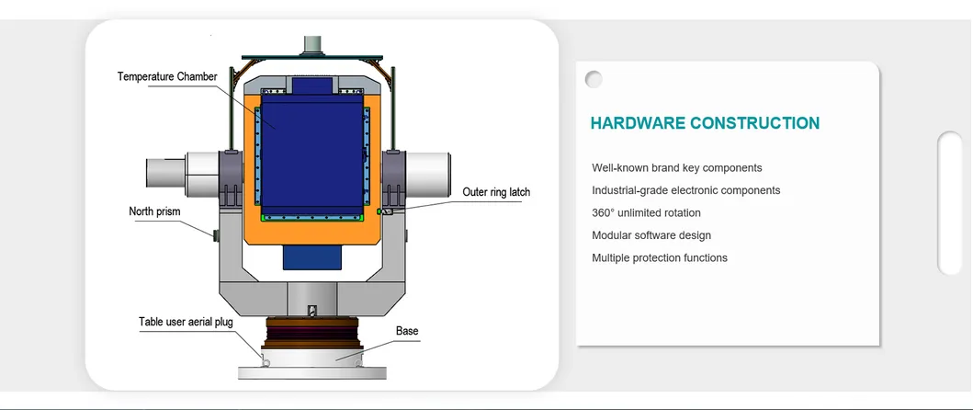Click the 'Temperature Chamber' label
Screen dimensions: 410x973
pyautogui.click(x=167, y=76)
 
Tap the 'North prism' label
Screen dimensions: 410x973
pyautogui.click(x=154, y=211)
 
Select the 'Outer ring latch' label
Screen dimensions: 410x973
pyautogui.click(x=496, y=192)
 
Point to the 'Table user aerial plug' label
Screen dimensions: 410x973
pyautogui.click(x=186, y=322)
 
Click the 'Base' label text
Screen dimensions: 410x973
pyautogui.click(x=407, y=330)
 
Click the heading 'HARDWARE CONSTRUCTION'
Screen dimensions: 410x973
pyautogui.click(x=705, y=123)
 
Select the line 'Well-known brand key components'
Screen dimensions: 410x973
pyautogui.click(x=676, y=168)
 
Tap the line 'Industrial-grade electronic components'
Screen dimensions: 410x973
pyautogui.click(x=685, y=190)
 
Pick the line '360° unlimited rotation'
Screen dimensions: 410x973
pyautogui.click(x=646, y=213)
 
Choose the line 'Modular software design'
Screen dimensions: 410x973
pyautogui.click(x=651, y=235)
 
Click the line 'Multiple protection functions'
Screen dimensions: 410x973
pyautogui.click(x=660, y=257)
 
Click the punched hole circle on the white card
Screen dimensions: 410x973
pyautogui.click(x=594, y=79)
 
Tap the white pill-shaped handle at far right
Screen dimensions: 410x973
pyautogui.click(x=949, y=203)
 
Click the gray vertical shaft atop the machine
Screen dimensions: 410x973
pyautogui.click(x=312, y=43)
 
